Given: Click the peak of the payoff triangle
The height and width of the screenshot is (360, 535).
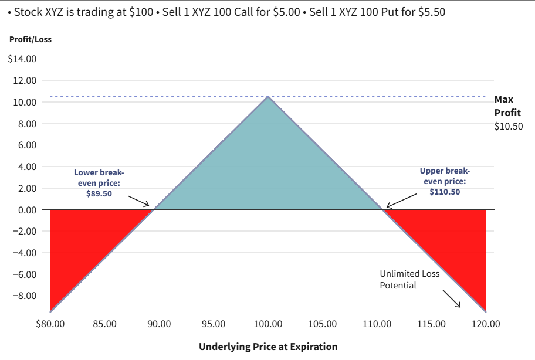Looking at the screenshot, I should (x=268, y=97).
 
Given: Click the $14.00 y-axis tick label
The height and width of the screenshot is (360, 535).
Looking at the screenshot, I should (x=22, y=59).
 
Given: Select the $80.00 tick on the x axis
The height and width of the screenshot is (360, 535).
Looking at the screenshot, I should (x=50, y=324).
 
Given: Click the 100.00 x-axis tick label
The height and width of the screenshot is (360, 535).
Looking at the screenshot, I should (x=268, y=324).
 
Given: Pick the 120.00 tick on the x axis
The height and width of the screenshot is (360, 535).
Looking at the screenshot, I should (x=486, y=324).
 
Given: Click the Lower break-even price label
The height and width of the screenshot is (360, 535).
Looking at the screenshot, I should (x=99, y=183).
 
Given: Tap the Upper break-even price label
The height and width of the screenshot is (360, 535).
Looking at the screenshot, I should (x=445, y=181).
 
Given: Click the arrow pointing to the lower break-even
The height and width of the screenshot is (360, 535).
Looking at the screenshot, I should (x=139, y=202).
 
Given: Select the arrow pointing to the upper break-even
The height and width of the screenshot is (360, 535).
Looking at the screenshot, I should (x=401, y=201).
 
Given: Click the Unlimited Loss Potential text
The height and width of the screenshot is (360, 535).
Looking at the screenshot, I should (x=409, y=280).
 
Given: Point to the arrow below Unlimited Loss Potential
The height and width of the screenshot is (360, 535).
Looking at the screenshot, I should (x=451, y=298).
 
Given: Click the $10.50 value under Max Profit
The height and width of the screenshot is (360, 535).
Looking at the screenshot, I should (x=509, y=126).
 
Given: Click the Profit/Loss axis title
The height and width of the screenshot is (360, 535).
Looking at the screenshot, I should (x=30, y=40).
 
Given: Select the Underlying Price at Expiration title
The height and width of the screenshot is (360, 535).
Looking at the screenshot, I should (x=268, y=347).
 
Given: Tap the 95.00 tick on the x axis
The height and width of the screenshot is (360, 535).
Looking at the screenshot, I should (x=214, y=324).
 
